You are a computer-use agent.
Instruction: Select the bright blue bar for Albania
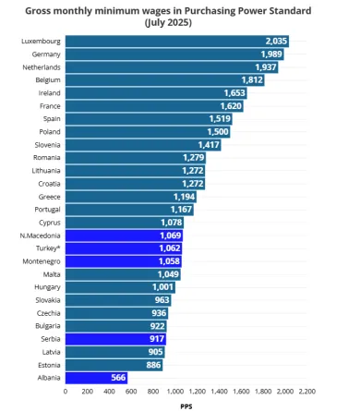click(95, 377)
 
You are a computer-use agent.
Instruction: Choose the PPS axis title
click(186, 405)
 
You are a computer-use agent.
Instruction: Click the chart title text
click(180, 15)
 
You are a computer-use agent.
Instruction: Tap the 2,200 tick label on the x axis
click(307, 391)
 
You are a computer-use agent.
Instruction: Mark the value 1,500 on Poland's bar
click(218, 132)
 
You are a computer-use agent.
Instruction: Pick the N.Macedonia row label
click(40, 236)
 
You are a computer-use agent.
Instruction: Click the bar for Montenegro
click(123, 261)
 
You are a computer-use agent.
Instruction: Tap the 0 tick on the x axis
click(66, 391)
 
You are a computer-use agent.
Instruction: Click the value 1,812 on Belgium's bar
click(252, 80)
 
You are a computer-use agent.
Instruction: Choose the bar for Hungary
click(120, 287)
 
